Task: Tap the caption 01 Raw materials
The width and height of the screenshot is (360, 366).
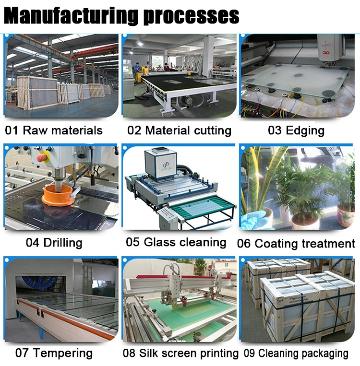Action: pos(54,130)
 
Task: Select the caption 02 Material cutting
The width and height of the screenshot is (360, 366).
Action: pos(179,130)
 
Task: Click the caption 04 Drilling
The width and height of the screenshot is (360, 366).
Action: pos(54,242)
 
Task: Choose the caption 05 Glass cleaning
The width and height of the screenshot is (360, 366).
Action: pos(176,242)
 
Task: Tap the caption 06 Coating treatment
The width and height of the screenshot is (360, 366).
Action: pos(296,243)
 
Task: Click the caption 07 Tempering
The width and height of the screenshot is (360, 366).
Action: pos(54,354)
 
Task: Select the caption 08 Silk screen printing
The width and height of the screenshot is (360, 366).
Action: pos(180,354)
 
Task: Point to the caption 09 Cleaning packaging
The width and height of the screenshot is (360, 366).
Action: pos(296,354)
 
